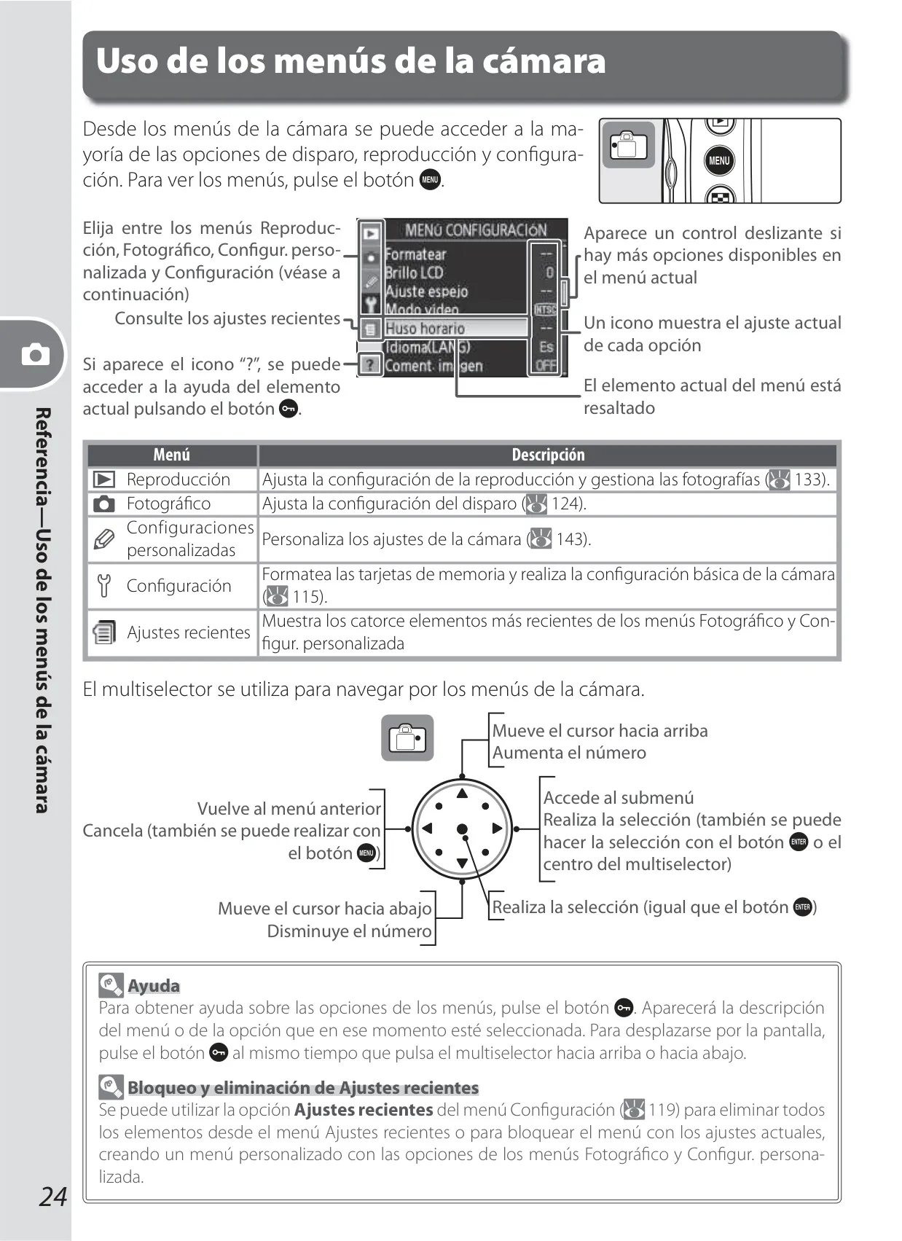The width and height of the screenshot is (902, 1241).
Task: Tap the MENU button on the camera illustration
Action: click(x=719, y=160)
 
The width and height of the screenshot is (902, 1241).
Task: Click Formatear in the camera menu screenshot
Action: click(x=415, y=254)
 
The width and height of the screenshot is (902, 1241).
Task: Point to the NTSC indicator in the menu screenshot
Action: click(x=545, y=310)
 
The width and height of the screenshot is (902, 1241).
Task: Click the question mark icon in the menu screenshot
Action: click(x=369, y=364)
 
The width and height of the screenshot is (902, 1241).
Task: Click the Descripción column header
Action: click(x=548, y=455)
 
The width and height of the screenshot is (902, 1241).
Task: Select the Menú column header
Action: click(x=172, y=455)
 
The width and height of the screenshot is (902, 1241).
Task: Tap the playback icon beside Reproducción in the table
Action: click(x=103, y=479)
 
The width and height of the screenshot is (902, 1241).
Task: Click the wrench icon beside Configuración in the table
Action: click(x=103, y=586)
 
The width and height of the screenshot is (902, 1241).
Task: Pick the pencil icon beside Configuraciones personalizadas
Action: click(x=103, y=539)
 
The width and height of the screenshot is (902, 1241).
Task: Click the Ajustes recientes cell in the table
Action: click(x=189, y=632)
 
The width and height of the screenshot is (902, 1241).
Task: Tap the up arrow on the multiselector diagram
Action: click(x=462, y=794)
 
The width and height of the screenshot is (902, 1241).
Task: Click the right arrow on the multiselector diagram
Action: click(x=497, y=829)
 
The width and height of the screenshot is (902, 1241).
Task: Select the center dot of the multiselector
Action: click(x=462, y=829)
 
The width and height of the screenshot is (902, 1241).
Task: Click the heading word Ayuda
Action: click(x=154, y=986)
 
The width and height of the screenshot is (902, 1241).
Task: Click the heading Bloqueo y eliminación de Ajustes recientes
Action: click(x=303, y=1087)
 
